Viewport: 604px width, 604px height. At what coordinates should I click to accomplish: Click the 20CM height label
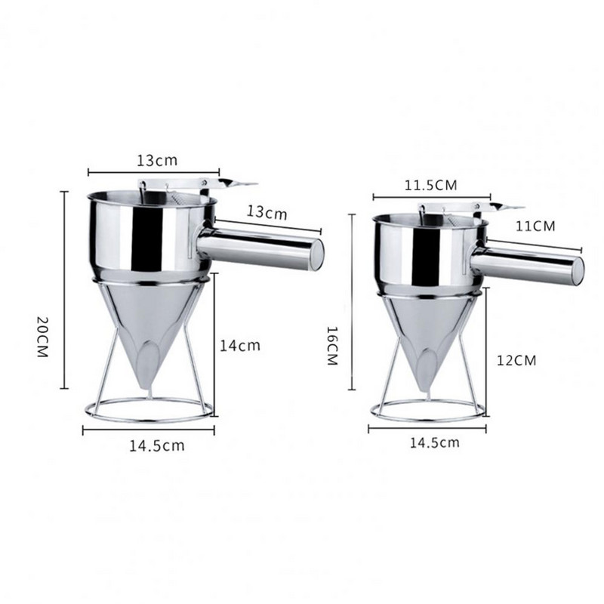43,336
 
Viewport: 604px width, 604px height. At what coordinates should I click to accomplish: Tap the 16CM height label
332,346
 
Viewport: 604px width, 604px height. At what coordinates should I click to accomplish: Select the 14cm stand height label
240,345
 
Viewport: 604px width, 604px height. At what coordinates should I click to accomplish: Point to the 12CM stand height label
516,361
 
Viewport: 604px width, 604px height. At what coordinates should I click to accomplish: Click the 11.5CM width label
430,185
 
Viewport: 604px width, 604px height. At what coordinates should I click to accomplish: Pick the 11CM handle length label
535,226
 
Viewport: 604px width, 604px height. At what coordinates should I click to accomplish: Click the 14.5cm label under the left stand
157,445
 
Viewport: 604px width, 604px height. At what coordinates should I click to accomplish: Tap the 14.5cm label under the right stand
435,442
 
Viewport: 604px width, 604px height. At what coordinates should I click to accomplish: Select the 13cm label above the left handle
267,212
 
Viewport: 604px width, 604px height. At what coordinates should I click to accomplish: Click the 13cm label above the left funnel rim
157,160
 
